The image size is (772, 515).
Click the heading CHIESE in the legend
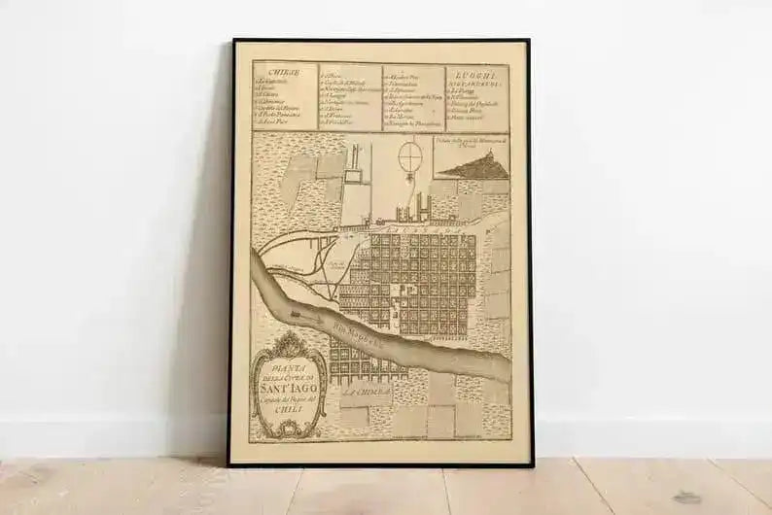click(x=272, y=72)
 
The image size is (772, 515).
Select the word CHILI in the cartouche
click(x=287, y=410)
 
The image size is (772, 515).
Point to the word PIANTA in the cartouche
click(x=287, y=367)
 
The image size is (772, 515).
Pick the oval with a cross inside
click(x=411, y=155)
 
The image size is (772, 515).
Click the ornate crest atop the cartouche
click(x=287, y=343)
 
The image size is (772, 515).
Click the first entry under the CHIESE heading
click(x=275, y=82)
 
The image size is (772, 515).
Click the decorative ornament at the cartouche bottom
click(x=287, y=428)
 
